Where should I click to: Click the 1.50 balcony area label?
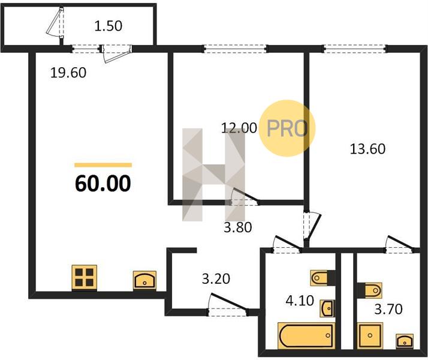(108, 26)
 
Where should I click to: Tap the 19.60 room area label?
(68, 73)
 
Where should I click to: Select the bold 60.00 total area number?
(103, 183)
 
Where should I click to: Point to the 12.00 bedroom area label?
(239, 128)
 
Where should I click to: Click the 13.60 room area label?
(367, 149)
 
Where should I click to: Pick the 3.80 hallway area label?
(238, 227)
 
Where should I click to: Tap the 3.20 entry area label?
(216, 279)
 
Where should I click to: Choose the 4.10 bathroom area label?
(300, 301)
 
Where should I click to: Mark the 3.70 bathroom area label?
(388, 310)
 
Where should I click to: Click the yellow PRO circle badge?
(287, 128)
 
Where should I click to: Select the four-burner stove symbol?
(85, 277)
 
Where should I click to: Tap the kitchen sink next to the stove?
(144, 280)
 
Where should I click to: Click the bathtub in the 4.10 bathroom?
(306, 335)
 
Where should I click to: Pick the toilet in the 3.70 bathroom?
(370, 290)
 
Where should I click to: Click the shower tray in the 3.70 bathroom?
(370, 335)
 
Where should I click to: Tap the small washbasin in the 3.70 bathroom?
(405, 341)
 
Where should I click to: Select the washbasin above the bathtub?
(327, 308)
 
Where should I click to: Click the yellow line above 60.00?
(103, 165)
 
